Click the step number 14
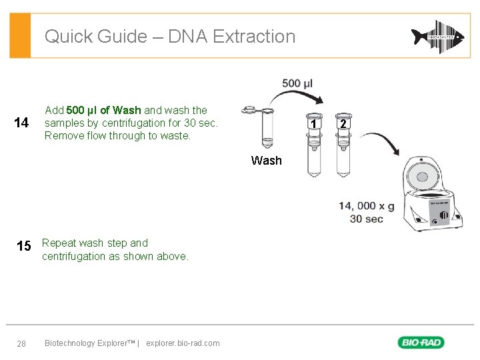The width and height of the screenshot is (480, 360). pyautogui.click(x=21, y=123)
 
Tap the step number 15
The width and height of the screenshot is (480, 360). pyautogui.click(x=23, y=247)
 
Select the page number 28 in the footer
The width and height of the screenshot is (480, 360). pyautogui.click(x=21, y=343)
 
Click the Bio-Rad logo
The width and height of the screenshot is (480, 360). pyautogui.click(x=421, y=343)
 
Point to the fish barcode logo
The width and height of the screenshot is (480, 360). pyautogui.click(x=437, y=36)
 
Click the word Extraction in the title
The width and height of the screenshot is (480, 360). pyautogui.click(x=253, y=36)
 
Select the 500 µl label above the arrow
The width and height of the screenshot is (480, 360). pyautogui.click(x=297, y=83)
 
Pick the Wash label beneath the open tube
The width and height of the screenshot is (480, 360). pyautogui.click(x=266, y=160)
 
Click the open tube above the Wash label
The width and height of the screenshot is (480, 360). pyautogui.click(x=265, y=130)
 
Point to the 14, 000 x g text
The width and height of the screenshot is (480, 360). pyautogui.click(x=366, y=206)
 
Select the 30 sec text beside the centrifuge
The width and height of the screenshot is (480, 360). pyautogui.click(x=366, y=219)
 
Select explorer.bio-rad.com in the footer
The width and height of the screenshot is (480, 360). pyautogui.click(x=183, y=343)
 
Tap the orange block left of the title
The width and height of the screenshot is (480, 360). pyautogui.click(x=21, y=36)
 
